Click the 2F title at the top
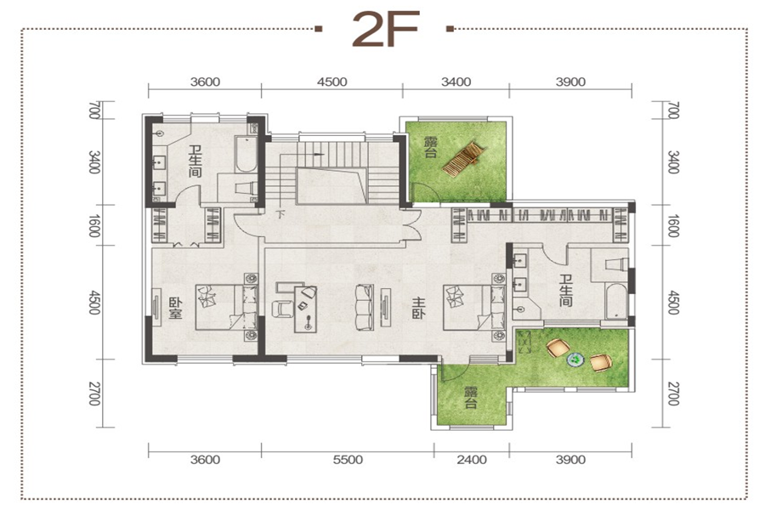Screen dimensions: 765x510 (x=385, y=29)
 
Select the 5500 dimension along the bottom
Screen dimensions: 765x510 (x=348, y=460)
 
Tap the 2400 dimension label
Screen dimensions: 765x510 (x=472, y=460)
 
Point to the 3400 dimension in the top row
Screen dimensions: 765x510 (x=456, y=82)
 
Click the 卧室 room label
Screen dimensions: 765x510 (x=176, y=309)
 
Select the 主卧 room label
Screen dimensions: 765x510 (x=418, y=308)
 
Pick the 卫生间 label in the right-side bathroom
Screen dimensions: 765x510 (x=566, y=291)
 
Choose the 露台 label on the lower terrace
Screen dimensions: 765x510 (x=470, y=397)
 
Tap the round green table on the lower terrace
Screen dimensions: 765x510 (x=575, y=360)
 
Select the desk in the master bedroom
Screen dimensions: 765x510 (x=305, y=309)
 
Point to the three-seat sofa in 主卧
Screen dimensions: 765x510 (x=364, y=308)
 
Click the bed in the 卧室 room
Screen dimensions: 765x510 (x=226, y=308)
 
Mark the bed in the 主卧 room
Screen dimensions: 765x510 (x=473, y=308)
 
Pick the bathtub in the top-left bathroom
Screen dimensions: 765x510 (x=246, y=154)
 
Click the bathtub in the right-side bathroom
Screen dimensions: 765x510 (x=615, y=301)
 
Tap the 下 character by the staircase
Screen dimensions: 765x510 (x=280, y=213)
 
